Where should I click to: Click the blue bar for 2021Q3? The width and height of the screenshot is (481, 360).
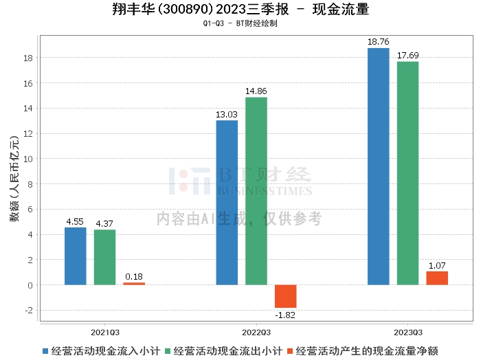(76, 256)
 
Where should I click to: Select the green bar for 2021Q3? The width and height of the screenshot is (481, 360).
(104, 258)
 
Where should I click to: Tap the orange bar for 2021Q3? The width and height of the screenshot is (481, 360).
(134, 283)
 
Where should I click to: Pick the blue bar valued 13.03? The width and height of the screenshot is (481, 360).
(227, 203)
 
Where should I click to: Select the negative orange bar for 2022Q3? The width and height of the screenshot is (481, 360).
(285, 296)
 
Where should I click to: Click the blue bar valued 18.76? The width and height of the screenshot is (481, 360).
(378, 166)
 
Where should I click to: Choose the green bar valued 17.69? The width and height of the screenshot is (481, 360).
(407, 173)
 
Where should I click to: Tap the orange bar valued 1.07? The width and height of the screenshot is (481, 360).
(437, 278)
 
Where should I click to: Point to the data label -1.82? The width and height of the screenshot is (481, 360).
(285, 315)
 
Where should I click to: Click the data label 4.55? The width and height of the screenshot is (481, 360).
(76, 222)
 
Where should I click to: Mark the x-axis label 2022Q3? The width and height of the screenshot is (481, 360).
(256, 330)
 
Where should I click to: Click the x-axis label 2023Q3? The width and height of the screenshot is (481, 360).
(407, 330)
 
